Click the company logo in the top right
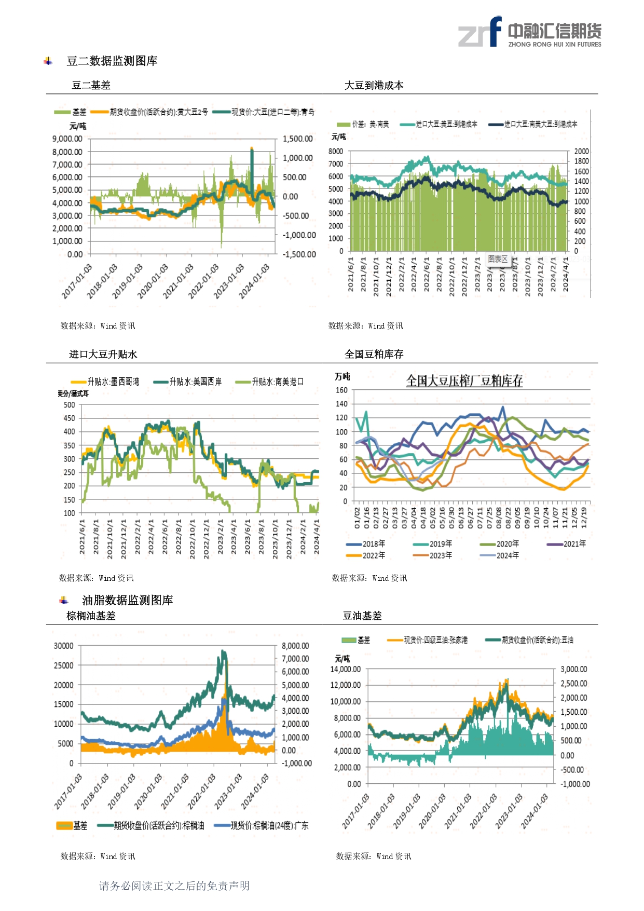click(x=529, y=33)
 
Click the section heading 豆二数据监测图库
click(x=112, y=61)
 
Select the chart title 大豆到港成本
click(x=374, y=86)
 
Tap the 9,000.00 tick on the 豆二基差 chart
click(x=67, y=139)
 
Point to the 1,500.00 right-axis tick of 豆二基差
click(x=297, y=139)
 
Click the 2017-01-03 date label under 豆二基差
click(x=77, y=281)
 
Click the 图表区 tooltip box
click(x=498, y=259)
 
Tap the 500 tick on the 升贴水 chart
click(x=70, y=405)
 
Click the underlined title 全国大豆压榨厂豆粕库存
click(x=464, y=381)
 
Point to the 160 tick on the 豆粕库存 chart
click(x=341, y=390)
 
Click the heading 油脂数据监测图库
click(x=127, y=601)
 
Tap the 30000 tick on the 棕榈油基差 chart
click(x=64, y=646)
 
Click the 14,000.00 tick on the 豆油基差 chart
click(x=346, y=670)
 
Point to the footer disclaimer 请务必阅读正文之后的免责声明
click(x=174, y=886)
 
